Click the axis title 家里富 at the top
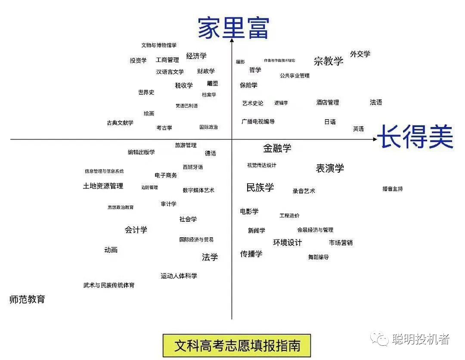233,28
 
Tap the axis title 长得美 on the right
415,137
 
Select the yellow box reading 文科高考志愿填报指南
237,345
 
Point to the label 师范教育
27,299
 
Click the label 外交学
360,54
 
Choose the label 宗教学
329,61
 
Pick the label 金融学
277,149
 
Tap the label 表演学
330,168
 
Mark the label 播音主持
392,189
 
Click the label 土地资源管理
103,186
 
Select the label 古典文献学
120,123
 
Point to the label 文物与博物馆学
159,45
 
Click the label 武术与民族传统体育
109,285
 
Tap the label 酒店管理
328,102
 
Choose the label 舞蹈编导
318,257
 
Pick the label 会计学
136,230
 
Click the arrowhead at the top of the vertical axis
232,40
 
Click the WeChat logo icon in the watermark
381,339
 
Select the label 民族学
260,187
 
